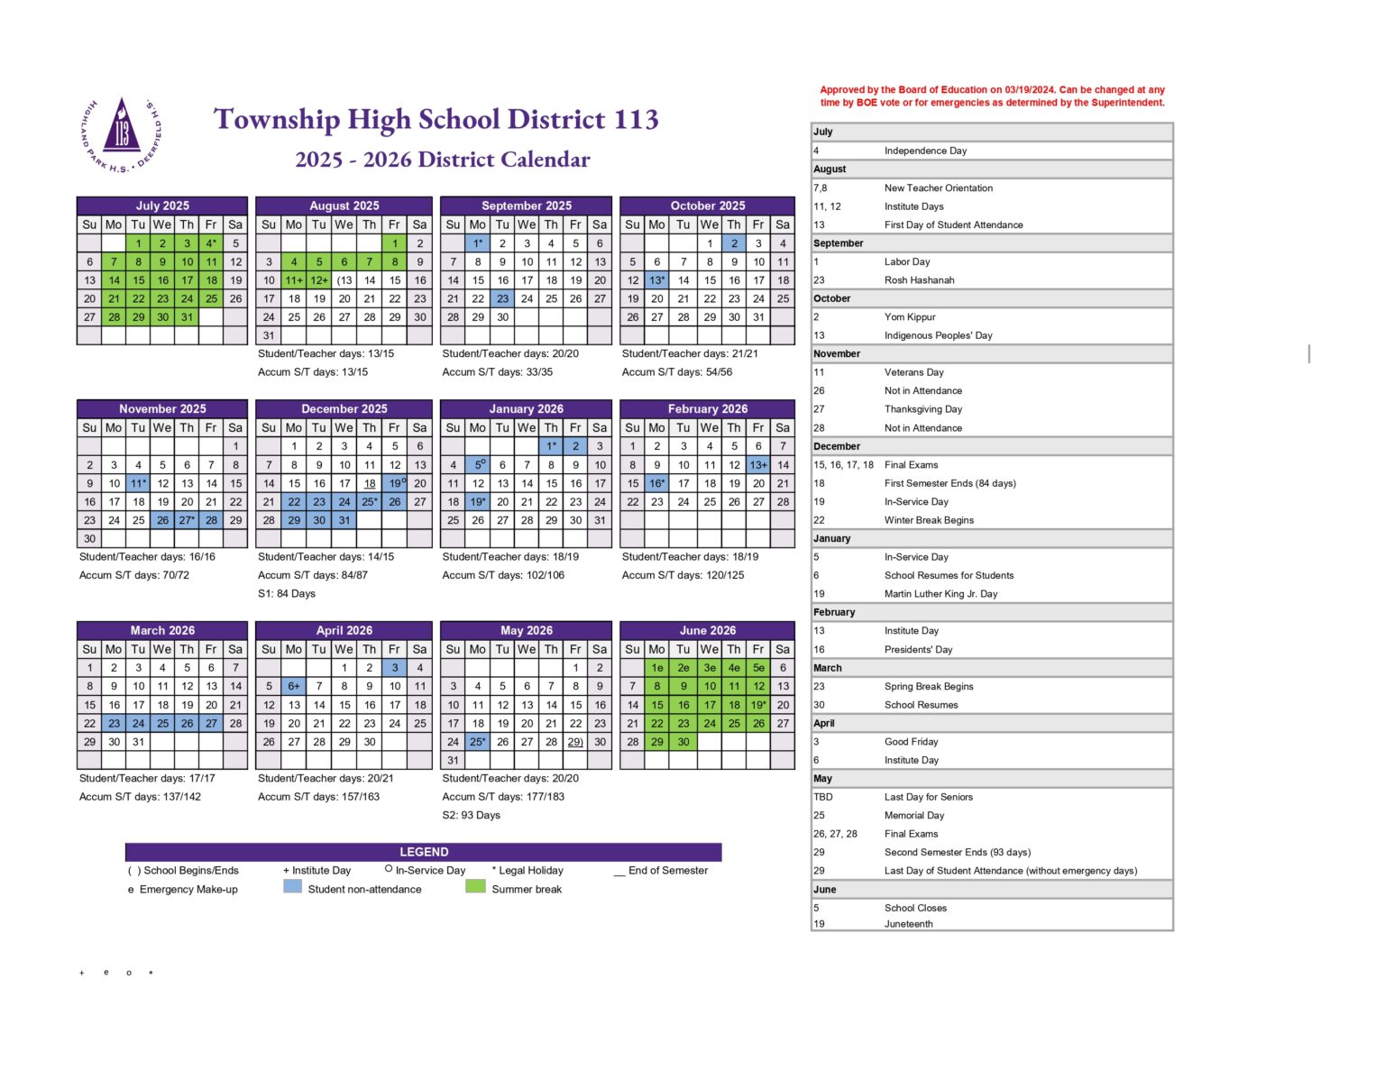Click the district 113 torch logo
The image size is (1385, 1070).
click(x=122, y=134)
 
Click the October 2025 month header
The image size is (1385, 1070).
click(x=707, y=206)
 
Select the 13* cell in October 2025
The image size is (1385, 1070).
click(x=656, y=280)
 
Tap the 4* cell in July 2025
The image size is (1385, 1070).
click(x=211, y=243)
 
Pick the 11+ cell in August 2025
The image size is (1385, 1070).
click(x=294, y=280)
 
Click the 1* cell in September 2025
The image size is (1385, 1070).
click(x=478, y=243)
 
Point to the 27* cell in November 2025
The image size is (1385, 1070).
click(x=187, y=520)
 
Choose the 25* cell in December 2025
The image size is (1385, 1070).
click(x=370, y=502)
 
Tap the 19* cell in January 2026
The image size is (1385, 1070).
click(x=478, y=502)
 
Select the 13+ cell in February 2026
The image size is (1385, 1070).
click(x=758, y=465)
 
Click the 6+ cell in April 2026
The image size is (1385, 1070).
click(x=294, y=686)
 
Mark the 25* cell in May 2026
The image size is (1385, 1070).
click(x=478, y=742)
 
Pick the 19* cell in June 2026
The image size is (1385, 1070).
click(x=758, y=705)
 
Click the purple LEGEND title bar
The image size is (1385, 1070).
click(x=423, y=852)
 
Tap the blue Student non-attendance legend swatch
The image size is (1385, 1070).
click(x=292, y=887)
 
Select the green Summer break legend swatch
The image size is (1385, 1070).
click(x=475, y=887)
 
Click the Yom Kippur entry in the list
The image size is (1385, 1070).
click(x=909, y=317)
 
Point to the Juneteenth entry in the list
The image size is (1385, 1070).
click(x=908, y=924)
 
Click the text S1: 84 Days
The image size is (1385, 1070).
click(x=287, y=594)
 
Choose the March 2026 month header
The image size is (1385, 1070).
click(x=162, y=630)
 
